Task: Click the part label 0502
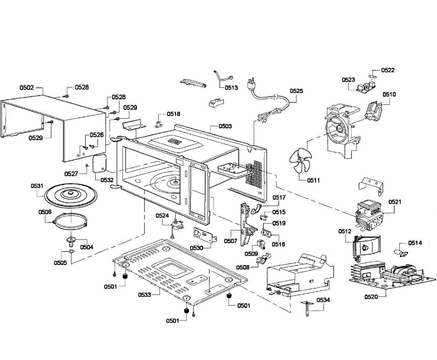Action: click(27, 88)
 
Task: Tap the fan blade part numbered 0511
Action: click(299, 161)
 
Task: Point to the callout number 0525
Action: click(296, 91)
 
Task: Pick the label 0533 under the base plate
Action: click(145, 294)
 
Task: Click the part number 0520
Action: click(371, 297)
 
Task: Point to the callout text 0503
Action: click(225, 126)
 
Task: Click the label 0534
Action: click(323, 300)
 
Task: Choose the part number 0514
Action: click(415, 243)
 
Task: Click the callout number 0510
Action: click(389, 94)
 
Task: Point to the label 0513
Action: click(231, 87)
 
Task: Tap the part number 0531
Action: click(37, 186)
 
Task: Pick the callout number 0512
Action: click(345, 231)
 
